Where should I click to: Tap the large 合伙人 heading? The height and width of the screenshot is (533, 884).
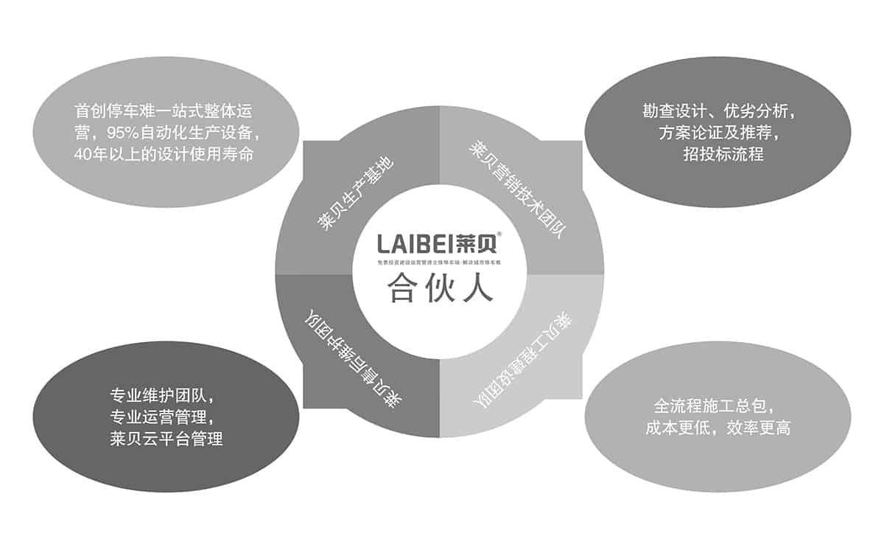point(439,288)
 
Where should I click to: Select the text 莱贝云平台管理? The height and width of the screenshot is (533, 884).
point(165,439)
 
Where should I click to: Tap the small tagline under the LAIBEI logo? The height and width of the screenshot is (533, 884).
point(439,263)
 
